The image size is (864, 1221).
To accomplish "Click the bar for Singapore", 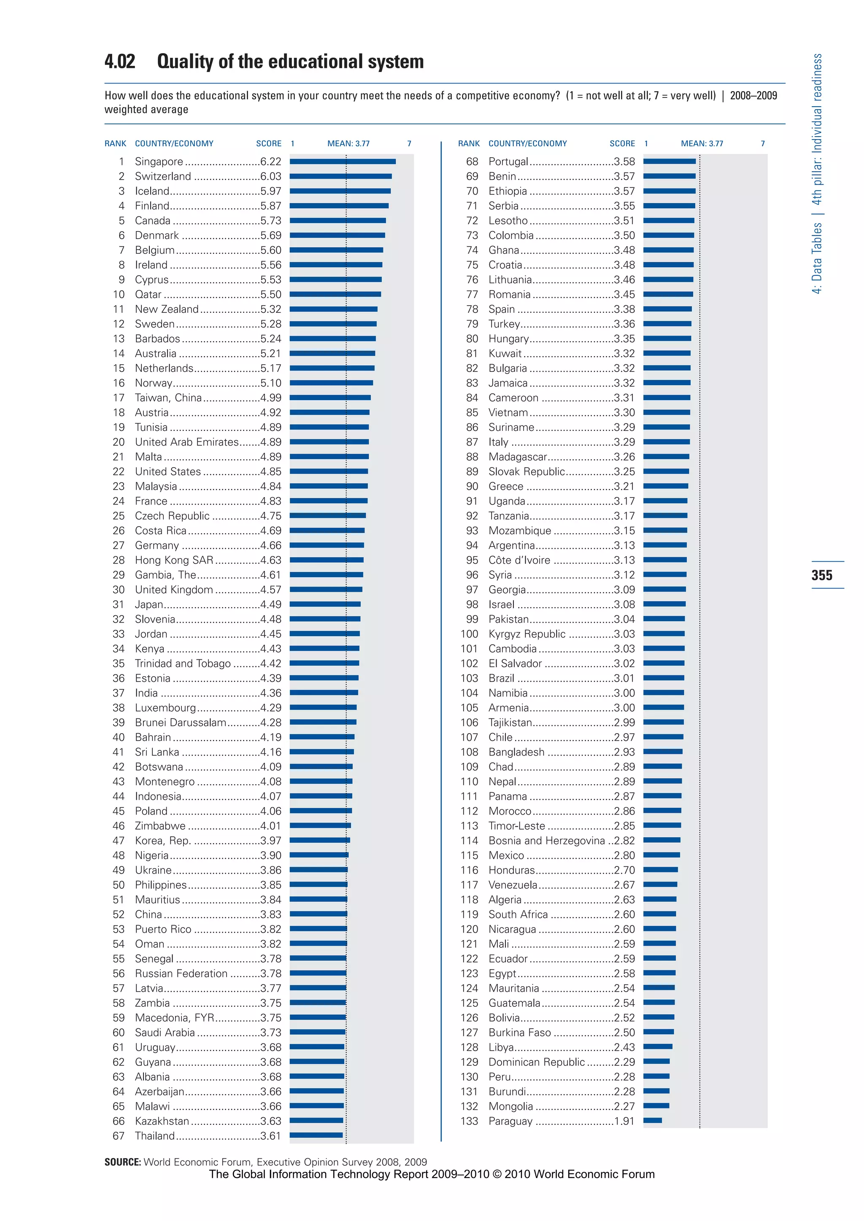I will [x=343, y=161].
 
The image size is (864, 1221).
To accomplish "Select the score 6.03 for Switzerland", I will [x=271, y=176].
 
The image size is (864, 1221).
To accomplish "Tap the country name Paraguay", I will [x=510, y=1121].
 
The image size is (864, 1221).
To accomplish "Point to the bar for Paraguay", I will [x=653, y=1121].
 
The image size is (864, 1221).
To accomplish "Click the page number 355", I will [x=821, y=575].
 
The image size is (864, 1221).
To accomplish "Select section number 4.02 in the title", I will [x=120, y=62].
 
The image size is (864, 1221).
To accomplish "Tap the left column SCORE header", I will [x=269, y=144].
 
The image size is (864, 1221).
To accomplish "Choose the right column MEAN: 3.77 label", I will [x=702, y=144].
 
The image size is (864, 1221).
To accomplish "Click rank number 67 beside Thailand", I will [x=119, y=1135].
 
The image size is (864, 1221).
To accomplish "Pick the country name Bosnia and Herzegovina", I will [x=546, y=840].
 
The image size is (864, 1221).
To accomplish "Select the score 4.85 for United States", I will [x=271, y=471].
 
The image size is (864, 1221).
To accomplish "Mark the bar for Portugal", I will [x=669, y=161].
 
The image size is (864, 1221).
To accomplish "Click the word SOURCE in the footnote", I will [x=122, y=1162].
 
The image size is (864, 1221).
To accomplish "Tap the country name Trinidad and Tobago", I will [x=183, y=663].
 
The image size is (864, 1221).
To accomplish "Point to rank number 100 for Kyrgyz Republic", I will [x=469, y=634].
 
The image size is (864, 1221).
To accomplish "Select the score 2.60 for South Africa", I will [x=624, y=914].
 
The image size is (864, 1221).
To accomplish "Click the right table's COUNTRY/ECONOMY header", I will [x=527, y=144].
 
